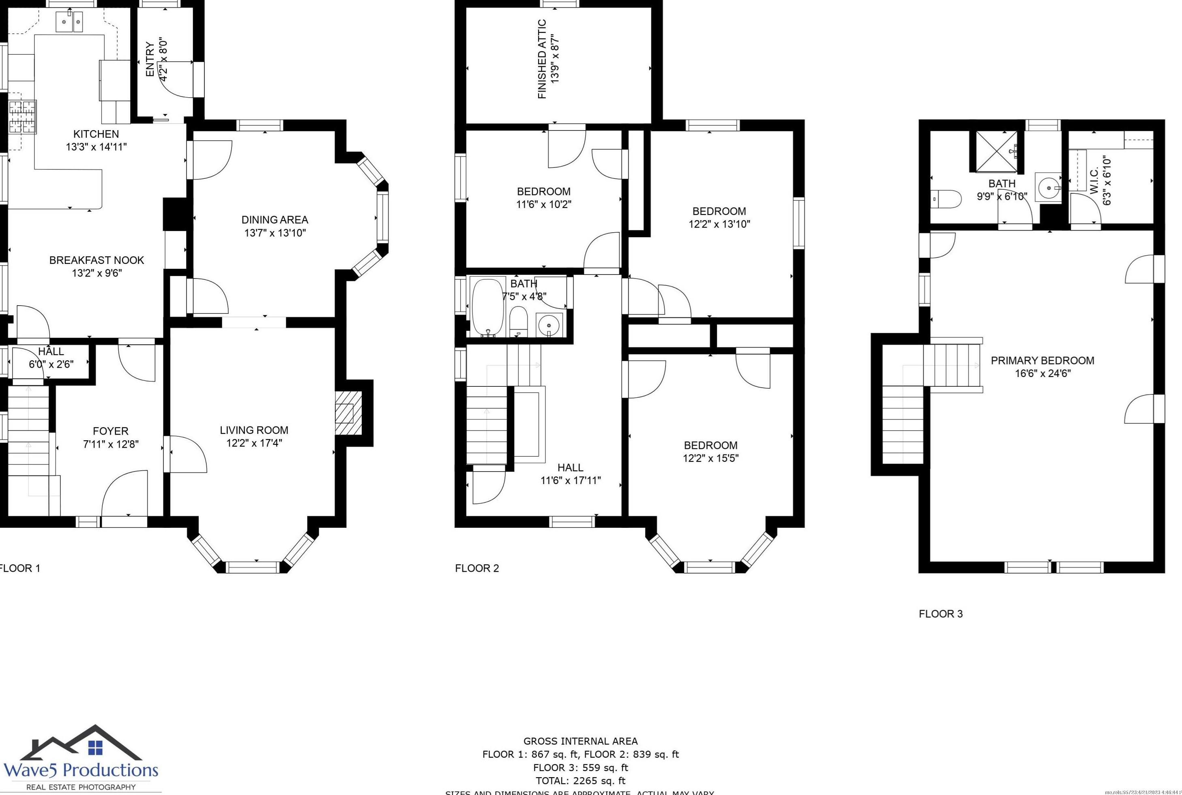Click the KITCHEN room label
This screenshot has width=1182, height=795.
(96, 134)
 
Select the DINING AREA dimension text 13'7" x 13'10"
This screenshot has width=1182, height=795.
(275, 233)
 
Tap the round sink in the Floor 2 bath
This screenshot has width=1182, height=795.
(549, 325)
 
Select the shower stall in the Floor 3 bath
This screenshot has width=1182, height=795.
(993, 151)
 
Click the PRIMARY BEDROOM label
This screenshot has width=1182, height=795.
(1042, 360)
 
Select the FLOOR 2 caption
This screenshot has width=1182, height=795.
(477, 568)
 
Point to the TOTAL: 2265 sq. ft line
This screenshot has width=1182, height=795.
(580, 781)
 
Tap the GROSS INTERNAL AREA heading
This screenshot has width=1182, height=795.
(580, 741)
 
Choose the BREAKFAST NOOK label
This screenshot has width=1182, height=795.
(97, 260)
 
